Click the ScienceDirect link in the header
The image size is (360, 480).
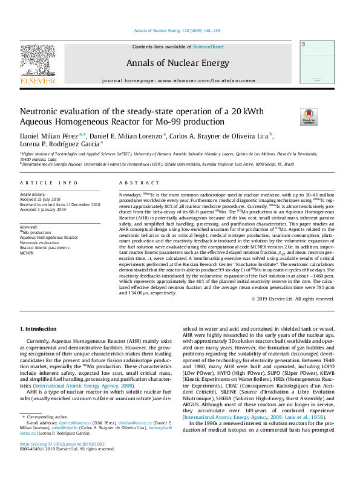pyautogui.click(x=208, y=47)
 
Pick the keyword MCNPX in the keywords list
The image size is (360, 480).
pyautogui.click(x=27, y=253)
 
